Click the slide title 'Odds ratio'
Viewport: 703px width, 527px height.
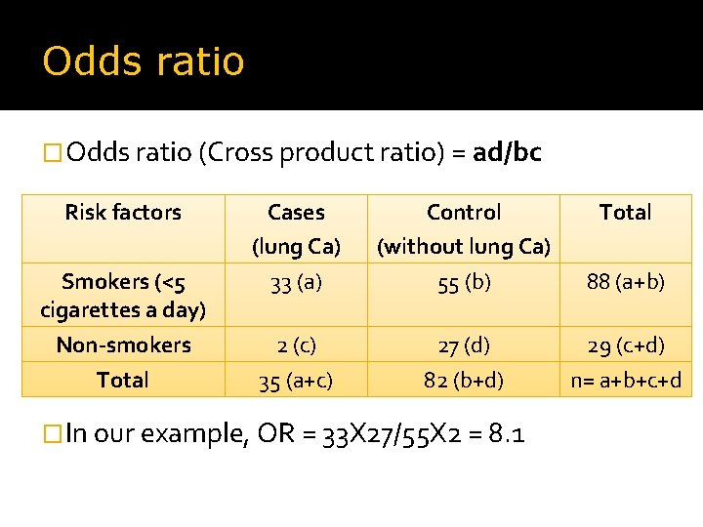143,61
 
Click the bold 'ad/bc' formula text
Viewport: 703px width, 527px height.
507,152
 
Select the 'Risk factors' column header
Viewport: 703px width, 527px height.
123,212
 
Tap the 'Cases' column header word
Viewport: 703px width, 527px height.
296,212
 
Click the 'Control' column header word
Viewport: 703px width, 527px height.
464,212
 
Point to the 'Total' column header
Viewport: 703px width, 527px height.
625,212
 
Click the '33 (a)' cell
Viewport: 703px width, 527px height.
296,283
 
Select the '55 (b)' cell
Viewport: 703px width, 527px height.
464,283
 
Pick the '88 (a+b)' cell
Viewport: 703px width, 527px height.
625,282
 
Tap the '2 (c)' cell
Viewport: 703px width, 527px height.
296,345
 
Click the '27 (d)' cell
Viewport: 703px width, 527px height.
464,345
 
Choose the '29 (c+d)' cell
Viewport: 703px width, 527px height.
625,345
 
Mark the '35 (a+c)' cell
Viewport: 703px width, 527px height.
296,381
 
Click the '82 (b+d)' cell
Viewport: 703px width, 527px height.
464,381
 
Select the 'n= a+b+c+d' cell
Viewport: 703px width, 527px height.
625,381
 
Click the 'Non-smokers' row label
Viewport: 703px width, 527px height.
123,345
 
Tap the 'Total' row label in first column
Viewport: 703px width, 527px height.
123,380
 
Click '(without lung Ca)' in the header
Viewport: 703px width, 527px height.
464,247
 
